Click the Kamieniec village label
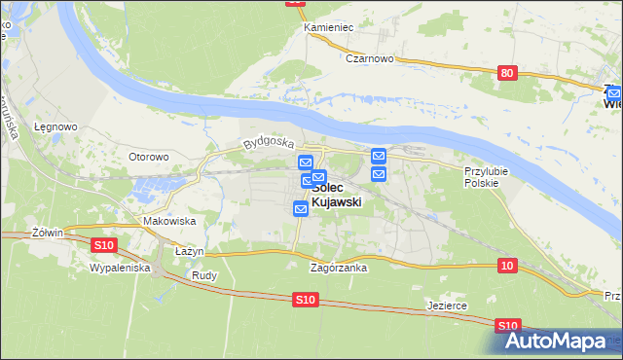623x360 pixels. click(x=328, y=27)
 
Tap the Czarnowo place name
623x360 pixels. click(x=369, y=58)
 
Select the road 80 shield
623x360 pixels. click(x=505, y=73)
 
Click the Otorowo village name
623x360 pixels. click(x=149, y=156)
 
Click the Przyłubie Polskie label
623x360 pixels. click(x=482, y=176)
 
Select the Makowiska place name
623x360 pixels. click(x=169, y=221)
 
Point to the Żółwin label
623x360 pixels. click(x=47, y=233)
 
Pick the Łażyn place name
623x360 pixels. click(x=189, y=251)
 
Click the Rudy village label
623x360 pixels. click(x=203, y=275)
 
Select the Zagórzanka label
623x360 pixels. click(x=338, y=268)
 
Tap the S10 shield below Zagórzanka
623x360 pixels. click(x=306, y=301)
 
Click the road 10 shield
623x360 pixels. click(x=505, y=266)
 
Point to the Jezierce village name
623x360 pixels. click(x=447, y=305)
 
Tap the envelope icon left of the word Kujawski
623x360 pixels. click(x=301, y=207)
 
